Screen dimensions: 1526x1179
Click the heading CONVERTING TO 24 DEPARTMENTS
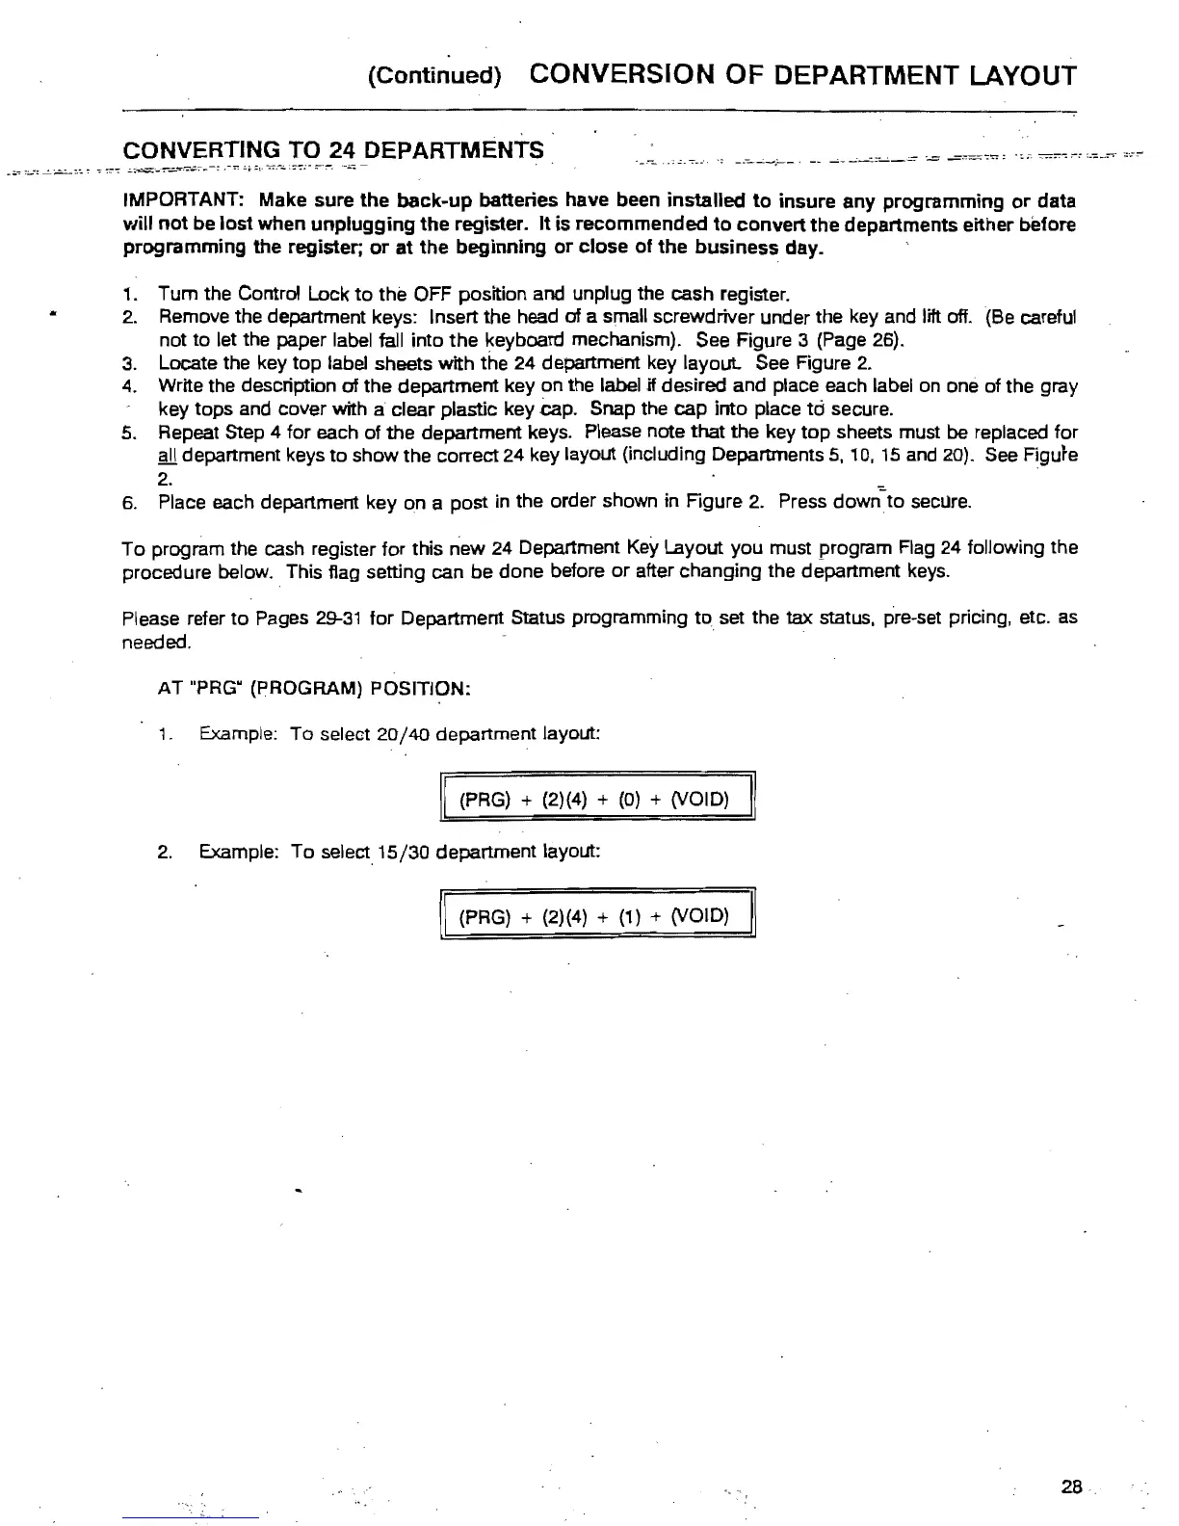pos(333,151)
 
